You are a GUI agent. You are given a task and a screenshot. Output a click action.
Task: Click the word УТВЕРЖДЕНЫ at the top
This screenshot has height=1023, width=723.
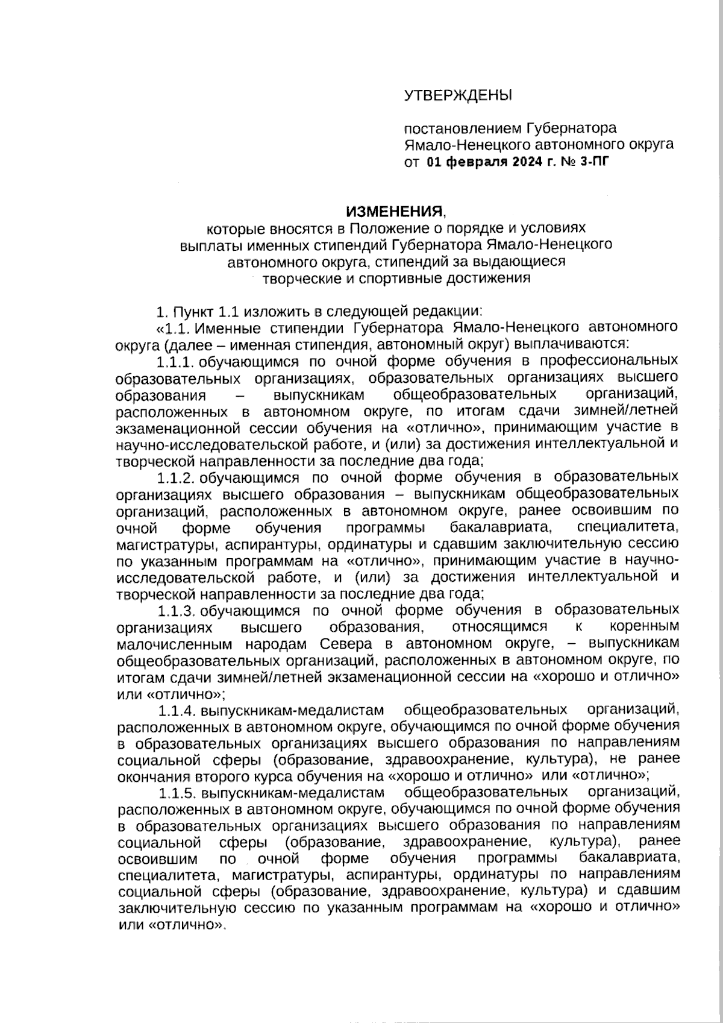click(457, 95)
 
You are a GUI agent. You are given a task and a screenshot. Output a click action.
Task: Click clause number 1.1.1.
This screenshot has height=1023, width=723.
click(175, 362)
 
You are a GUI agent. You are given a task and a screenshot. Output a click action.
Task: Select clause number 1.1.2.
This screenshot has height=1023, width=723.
click(175, 478)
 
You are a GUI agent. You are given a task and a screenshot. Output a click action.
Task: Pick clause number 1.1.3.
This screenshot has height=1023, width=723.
click(175, 611)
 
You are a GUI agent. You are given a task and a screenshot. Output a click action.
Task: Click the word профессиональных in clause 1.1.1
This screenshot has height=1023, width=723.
click(609, 362)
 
